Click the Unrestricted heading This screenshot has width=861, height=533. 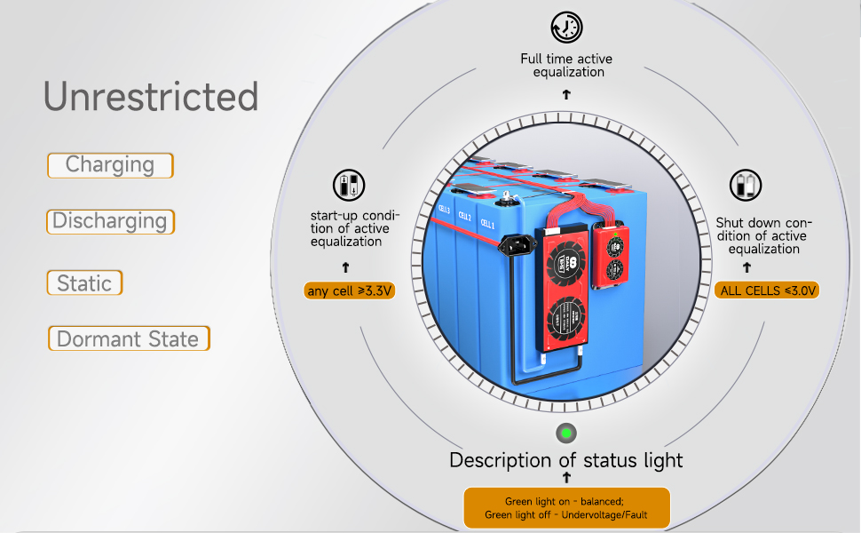pos(151,97)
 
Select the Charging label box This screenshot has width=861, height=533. pos(110,165)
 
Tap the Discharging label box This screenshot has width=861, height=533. pos(110,221)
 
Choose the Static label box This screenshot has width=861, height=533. pos(84,283)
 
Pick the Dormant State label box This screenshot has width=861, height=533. pos(129,338)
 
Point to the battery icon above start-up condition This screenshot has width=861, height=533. pos(348,186)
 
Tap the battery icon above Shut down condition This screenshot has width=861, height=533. pos(745,186)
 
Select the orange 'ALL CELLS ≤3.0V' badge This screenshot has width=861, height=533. pos(767,290)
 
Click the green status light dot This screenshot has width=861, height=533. pos(566,434)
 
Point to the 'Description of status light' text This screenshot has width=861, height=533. pos(566,460)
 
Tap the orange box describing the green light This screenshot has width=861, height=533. pos(566,508)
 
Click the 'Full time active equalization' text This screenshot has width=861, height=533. pos(566,65)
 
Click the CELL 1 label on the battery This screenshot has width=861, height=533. pos(486,224)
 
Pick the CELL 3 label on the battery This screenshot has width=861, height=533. pos(444,212)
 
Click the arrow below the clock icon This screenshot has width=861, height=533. pos(566,93)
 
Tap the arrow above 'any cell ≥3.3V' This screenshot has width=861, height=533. pos(346,266)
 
